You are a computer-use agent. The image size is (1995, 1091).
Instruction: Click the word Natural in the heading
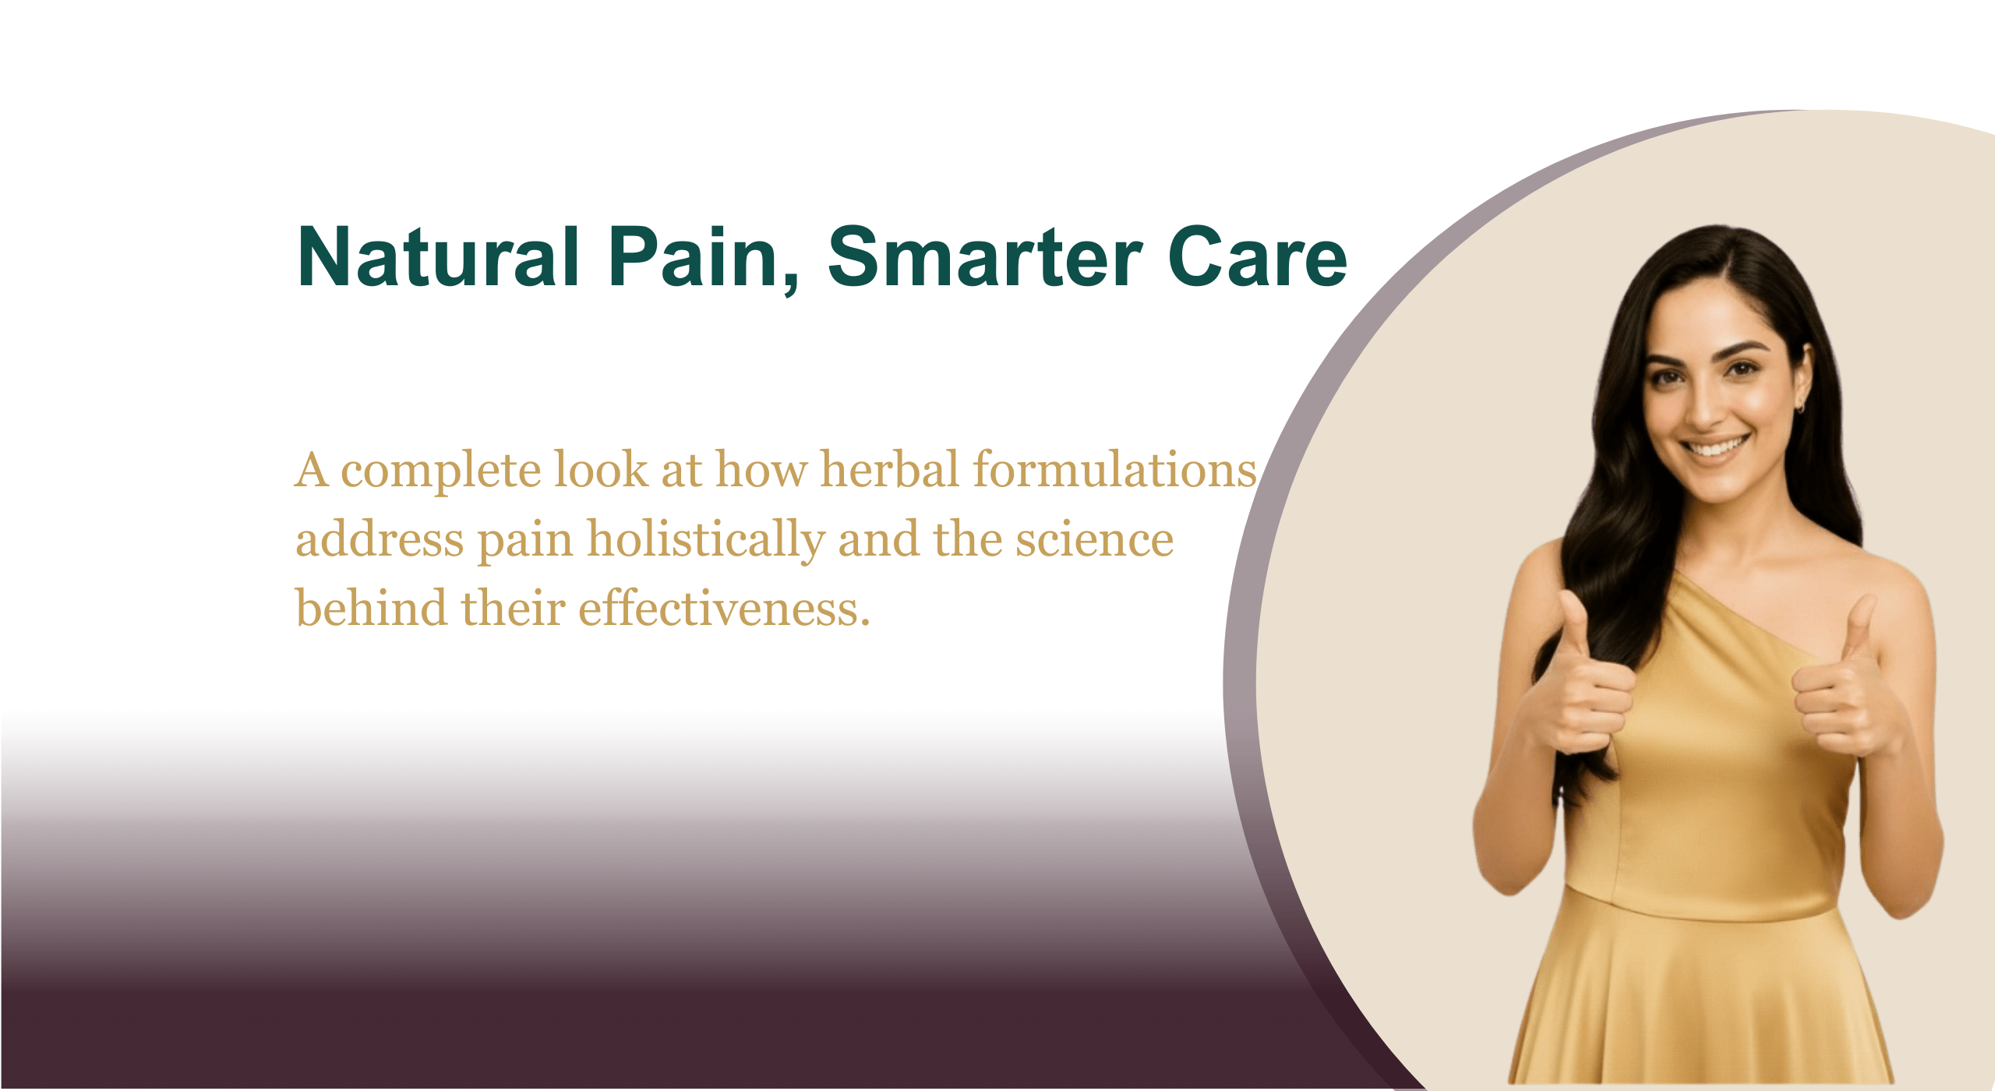[438, 256]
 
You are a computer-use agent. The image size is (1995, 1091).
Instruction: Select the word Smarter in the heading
[985, 256]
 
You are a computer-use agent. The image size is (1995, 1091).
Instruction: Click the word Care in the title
[1258, 256]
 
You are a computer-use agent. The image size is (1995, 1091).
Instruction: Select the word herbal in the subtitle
[889, 469]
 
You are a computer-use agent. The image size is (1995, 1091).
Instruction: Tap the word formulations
[1115, 469]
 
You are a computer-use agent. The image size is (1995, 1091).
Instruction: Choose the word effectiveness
[723, 608]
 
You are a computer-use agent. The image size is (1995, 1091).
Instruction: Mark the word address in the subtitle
[380, 539]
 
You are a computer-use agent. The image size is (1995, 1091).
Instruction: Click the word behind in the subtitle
[372, 608]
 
